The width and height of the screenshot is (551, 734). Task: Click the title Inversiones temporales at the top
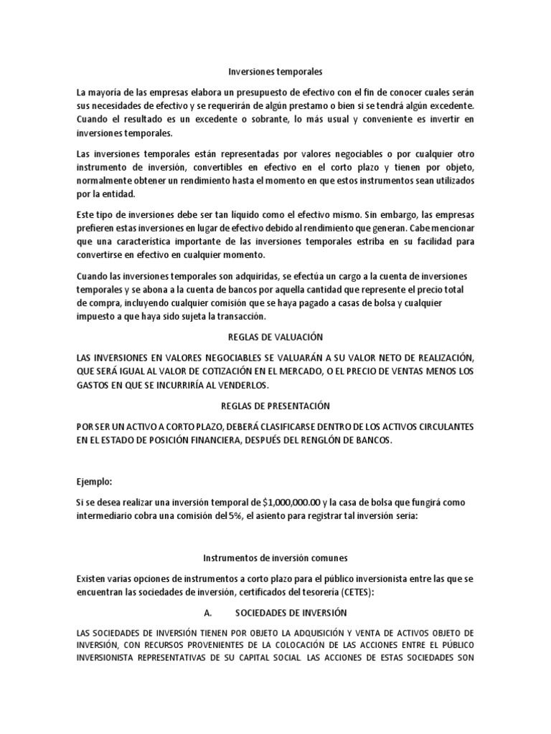275,72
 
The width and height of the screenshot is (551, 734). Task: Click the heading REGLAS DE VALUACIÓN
275,338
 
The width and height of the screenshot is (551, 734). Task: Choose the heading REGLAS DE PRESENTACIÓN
275,406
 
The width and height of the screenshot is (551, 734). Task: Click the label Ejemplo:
95,482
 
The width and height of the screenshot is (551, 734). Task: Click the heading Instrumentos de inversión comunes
275,557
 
